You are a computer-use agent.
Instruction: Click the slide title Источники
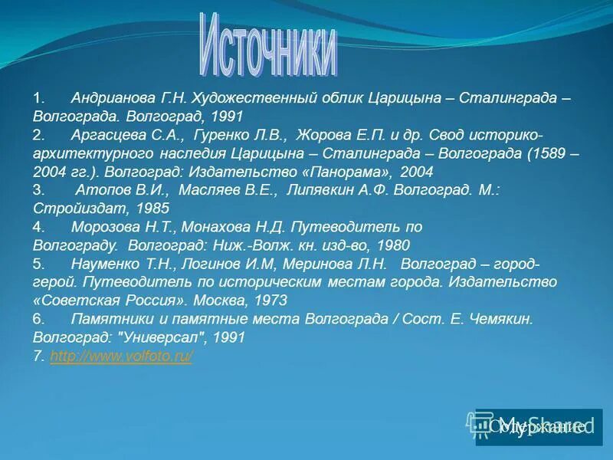pos(270,44)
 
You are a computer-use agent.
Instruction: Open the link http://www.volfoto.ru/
pos(120,356)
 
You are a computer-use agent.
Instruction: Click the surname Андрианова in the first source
pos(111,99)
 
